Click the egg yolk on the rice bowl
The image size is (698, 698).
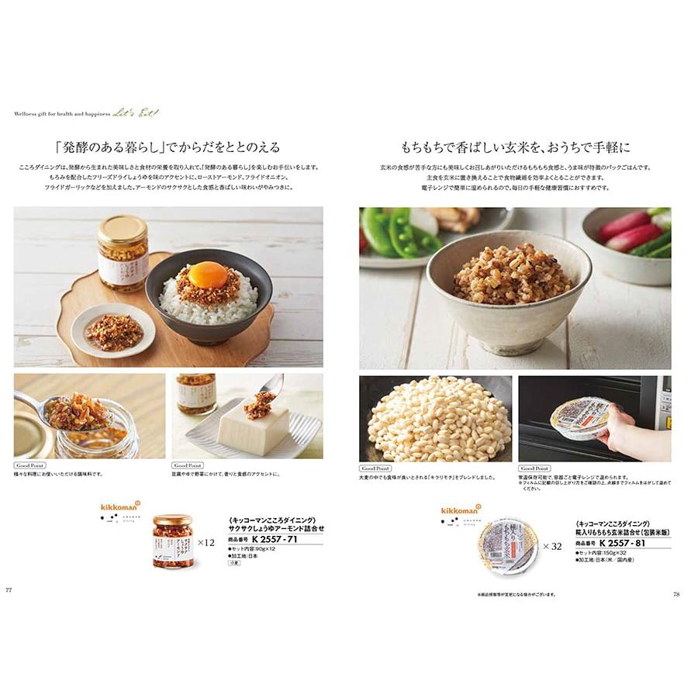pyautogui.click(x=208, y=275)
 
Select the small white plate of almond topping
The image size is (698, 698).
pyautogui.click(x=112, y=330)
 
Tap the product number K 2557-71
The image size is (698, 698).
pyautogui.click(x=275, y=539)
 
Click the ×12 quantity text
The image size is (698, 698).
pyautogui.click(x=206, y=543)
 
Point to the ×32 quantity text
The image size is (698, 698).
pyautogui.click(x=551, y=546)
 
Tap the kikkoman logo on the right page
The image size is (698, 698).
pyautogui.click(x=461, y=510)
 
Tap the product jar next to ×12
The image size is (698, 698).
pyautogui.click(x=172, y=541)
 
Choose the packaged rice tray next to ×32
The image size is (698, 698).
pyautogui.click(x=508, y=547)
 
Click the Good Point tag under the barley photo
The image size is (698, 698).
pyautogui.click(x=375, y=468)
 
